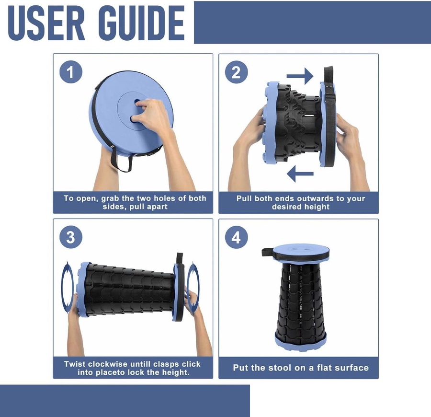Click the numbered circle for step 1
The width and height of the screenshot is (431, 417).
pos(71,72)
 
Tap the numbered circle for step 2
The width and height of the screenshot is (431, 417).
pos(237,72)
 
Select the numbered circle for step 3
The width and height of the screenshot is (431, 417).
pos(71,237)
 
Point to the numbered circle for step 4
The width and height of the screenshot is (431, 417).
pos(237,237)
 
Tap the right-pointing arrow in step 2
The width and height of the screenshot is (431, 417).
pos(300,76)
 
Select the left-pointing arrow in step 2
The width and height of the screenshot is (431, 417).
pos(300,174)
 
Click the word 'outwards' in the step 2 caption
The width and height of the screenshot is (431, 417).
pos(316,198)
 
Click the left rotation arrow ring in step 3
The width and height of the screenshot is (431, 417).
pos(67,287)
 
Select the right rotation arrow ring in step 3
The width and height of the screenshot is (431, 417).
pos(193,287)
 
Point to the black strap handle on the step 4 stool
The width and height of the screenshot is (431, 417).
pos(267,252)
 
